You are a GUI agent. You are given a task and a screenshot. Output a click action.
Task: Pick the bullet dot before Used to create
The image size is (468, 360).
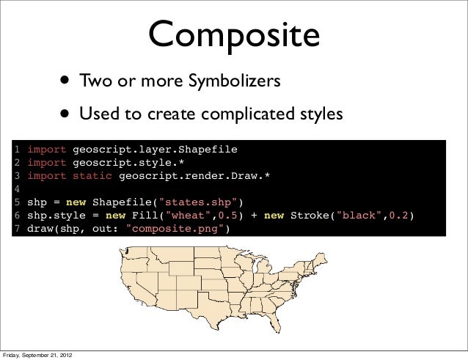tap(66, 114)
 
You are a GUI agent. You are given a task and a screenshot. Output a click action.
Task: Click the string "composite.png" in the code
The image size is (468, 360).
tap(176, 229)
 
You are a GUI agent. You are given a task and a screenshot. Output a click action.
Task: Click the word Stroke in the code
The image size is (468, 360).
tap(311, 216)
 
